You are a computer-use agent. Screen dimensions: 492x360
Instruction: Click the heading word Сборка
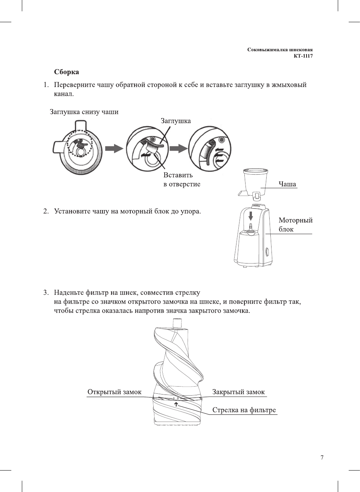tap(66, 72)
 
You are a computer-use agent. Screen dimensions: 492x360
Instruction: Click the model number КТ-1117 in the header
tap(303, 56)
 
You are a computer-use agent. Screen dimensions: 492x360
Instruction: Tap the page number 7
tap(322, 458)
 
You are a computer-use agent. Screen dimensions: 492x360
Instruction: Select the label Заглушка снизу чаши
tap(84, 112)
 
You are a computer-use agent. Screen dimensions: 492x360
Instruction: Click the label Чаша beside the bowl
tap(287, 184)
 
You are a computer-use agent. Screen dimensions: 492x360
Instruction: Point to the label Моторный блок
tap(295, 225)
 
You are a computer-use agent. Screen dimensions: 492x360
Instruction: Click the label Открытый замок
tap(114, 392)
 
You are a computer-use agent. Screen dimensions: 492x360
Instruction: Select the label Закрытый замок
tap(238, 392)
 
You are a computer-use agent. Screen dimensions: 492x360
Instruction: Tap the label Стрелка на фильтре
tap(244, 410)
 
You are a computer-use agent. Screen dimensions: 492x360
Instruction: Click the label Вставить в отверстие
tap(182, 180)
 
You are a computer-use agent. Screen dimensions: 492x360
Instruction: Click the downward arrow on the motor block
tap(251, 216)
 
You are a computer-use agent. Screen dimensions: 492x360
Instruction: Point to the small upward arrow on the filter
tap(176, 404)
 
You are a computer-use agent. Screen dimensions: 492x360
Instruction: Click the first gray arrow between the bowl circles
tap(114, 148)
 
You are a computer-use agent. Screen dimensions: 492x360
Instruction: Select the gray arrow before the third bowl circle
tap(178, 148)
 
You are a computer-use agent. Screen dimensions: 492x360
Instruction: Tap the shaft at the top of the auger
tap(177, 323)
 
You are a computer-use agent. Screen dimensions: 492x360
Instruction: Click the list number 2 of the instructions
tap(46, 211)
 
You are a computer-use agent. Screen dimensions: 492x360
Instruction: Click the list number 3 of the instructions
tap(46, 292)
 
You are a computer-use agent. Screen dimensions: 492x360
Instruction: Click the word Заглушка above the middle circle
tap(175, 121)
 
